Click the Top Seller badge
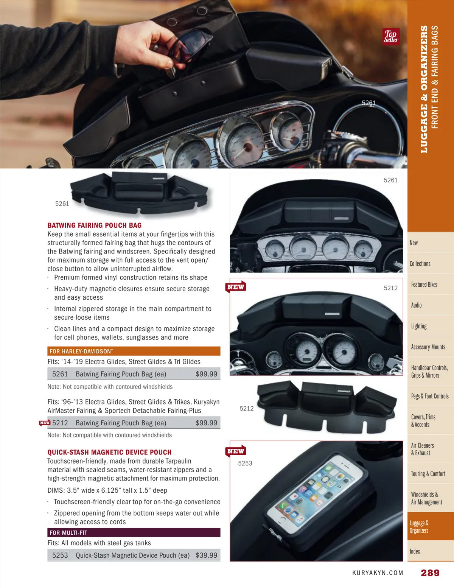click(x=391, y=37)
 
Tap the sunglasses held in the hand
click(x=187, y=45)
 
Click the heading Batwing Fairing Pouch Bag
click(x=95, y=225)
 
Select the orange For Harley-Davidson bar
click(x=134, y=351)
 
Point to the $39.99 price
click(x=206, y=555)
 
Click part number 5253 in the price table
click(x=60, y=555)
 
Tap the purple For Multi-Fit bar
click(x=134, y=532)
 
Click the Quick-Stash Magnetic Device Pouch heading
click(x=109, y=452)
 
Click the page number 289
click(x=430, y=572)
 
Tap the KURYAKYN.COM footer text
click(x=378, y=573)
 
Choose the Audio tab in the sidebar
click(x=416, y=305)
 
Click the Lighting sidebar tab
click(x=419, y=326)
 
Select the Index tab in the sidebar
click(x=415, y=551)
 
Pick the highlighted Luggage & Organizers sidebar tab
click(x=419, y=527)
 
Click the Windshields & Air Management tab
click(x=426, y=498)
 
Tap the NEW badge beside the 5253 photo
click(x=236, y=451)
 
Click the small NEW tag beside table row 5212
click(x=44, y=423)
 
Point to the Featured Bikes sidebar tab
click(x=424, y=285)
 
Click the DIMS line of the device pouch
click(x=107, y=490)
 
